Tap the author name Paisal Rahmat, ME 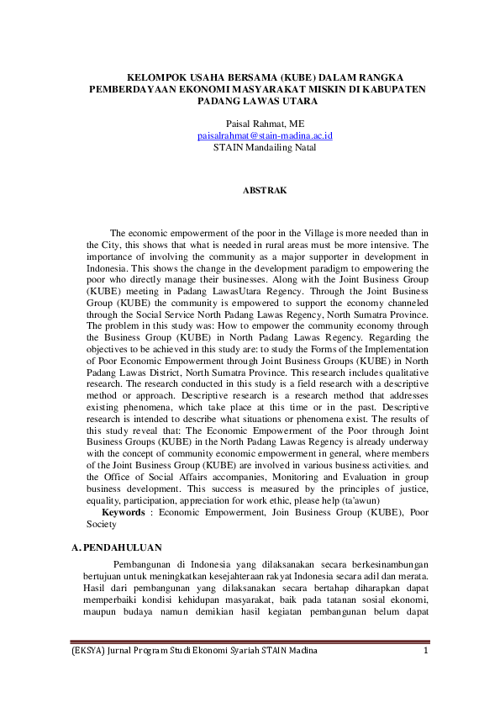click(x=265, y=123)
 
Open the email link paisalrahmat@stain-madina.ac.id click(x=265, y=135)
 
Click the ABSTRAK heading click(x=265, y=190)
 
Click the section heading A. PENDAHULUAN click(x=117, y=548)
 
